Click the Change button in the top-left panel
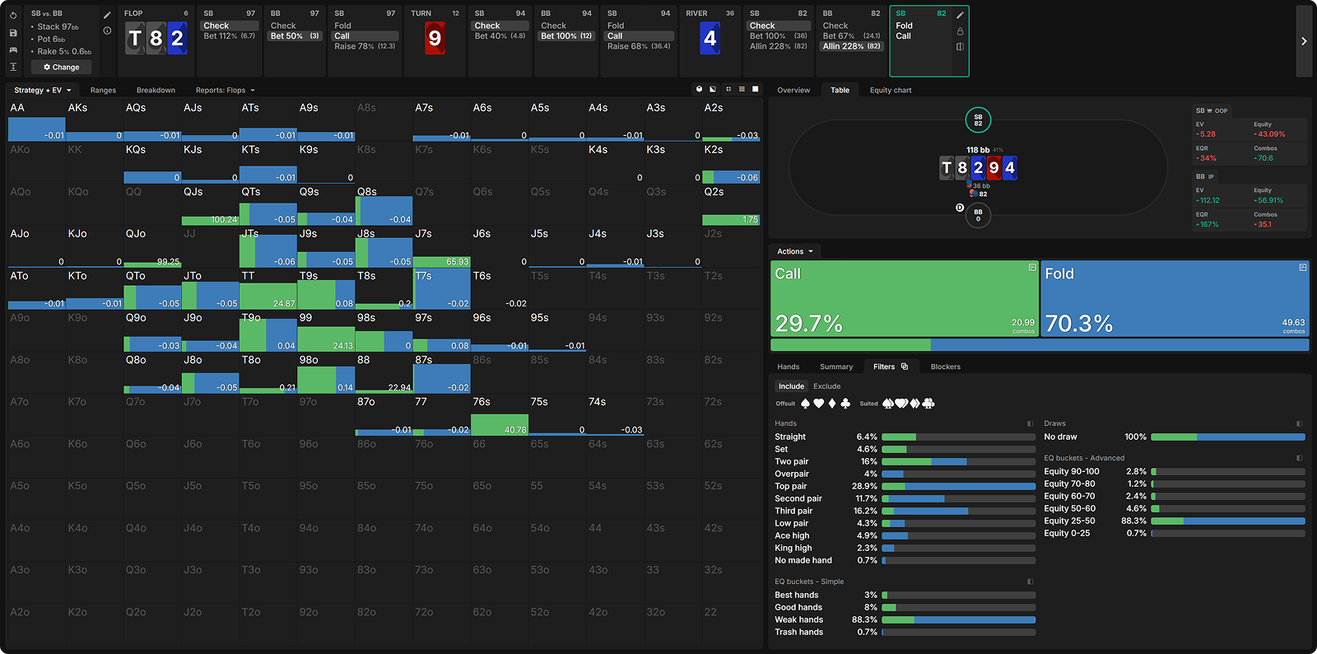[62, 67]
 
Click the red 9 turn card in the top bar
[435, 38]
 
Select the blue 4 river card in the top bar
[710, 38]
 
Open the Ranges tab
[103, 90]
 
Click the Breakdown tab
[156, 90]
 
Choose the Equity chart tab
[890, 90]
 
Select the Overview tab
[793, 90]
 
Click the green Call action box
[904, 299]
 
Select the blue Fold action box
[1175, 299]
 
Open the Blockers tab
[945, 367]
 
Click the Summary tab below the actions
[835, 367]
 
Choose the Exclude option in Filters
[826, 386]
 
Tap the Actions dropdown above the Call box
[794, 251]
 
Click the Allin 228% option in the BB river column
[851, 46]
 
